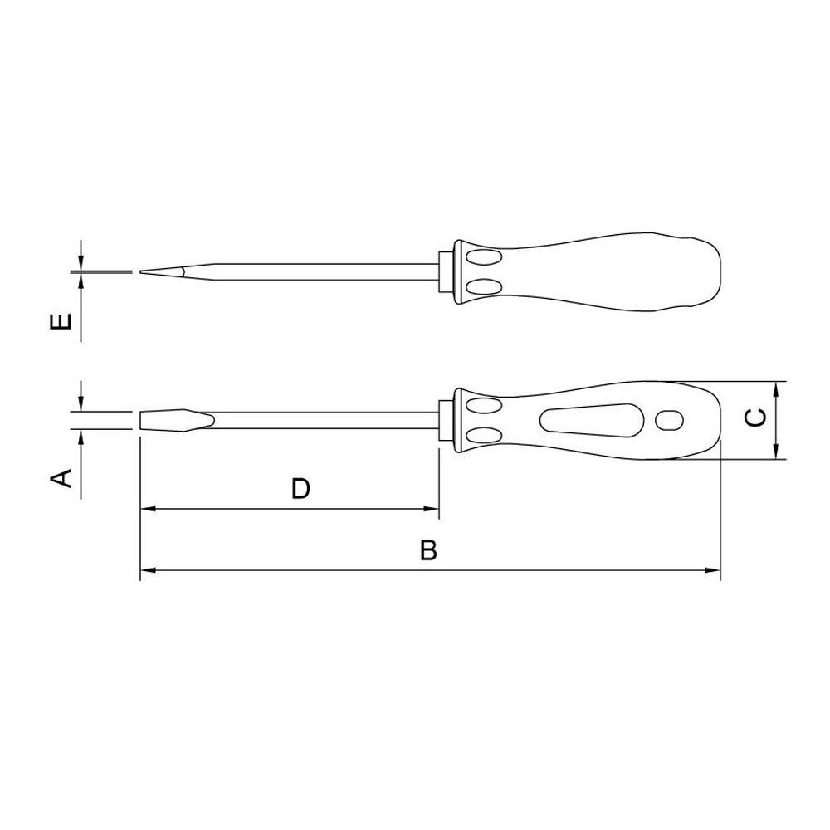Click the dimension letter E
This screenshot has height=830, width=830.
pyautogui.click(x=61, y=322)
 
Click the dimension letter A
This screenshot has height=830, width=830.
pyautogui.click(x=61, y=477)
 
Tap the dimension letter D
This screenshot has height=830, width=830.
pyautogui.click(x=300, y=488)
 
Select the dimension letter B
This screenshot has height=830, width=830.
pyautogui.click(x=429, y=550)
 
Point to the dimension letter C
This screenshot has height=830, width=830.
pyautogui.click(x=754, y=417)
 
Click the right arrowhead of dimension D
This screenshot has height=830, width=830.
pyautogui.click(x=432, y=509)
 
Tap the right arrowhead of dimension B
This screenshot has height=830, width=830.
pyautogui.click(x=713, y=570)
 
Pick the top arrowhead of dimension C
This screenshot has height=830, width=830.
pyautogui.click(x=775, y=389)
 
